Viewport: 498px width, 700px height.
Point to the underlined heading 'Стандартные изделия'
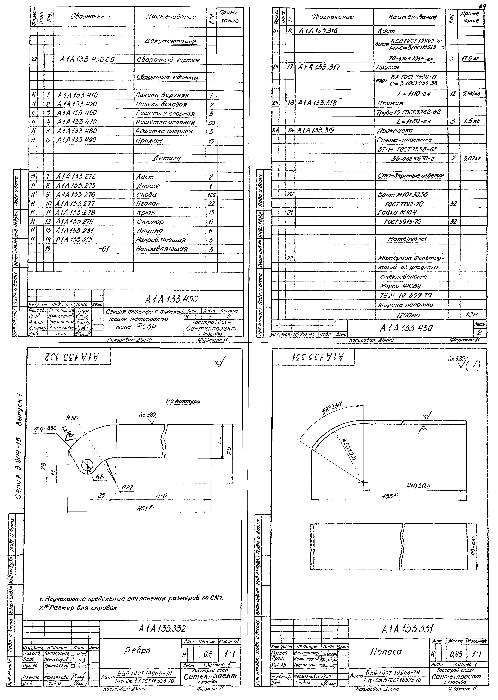pos(411,176)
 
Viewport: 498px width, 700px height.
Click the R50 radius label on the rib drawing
pos(72,418)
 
